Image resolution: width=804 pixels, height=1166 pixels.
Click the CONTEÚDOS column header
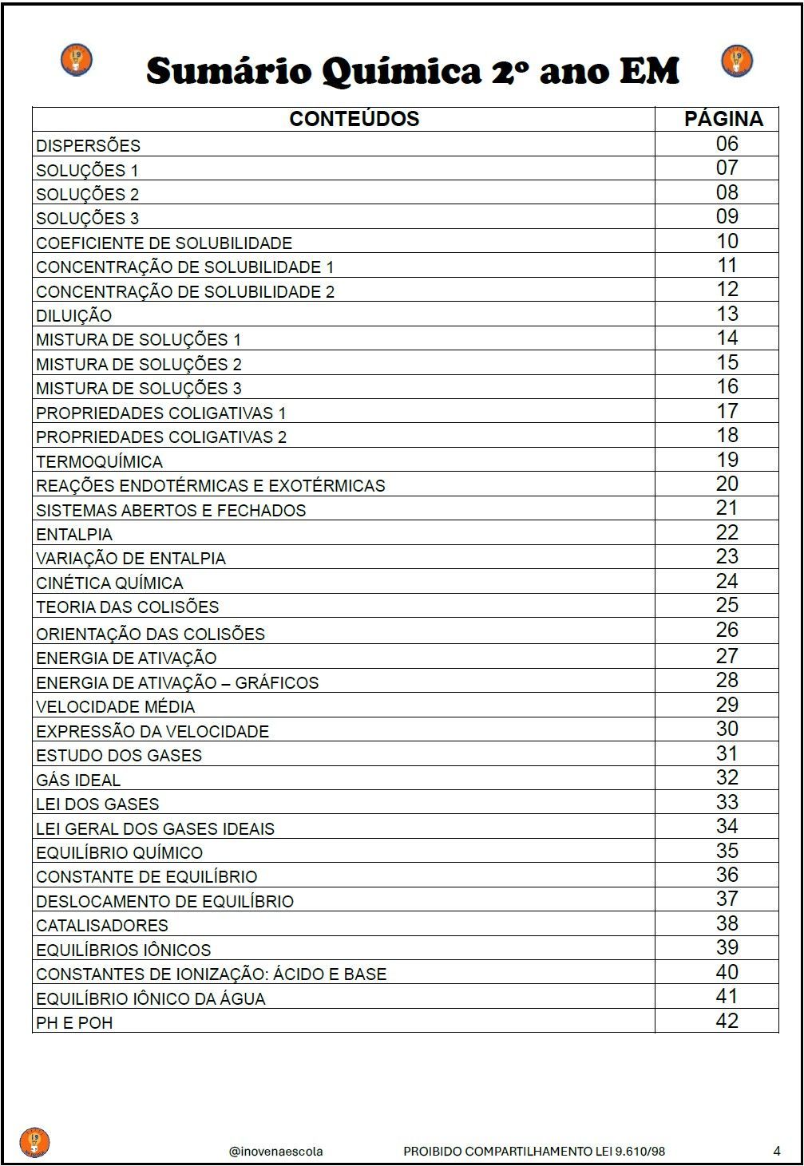[x=354, y=119]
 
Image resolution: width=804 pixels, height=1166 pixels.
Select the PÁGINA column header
[x=723, y=119]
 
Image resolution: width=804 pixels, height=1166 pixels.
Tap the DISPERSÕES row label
[x=88, y=145]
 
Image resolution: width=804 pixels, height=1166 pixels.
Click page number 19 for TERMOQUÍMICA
[x=727, y=460]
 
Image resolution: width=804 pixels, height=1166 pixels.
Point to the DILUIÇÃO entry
[x=73, y=315]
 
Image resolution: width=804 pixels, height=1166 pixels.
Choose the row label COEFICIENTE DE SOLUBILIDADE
[x=164, y=243]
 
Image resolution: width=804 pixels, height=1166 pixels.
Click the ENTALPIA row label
[x=74, y=534]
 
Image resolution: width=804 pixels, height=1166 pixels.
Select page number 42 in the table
[x=727, y=1021]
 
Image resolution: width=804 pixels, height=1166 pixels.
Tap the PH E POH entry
[x=74, y=1022]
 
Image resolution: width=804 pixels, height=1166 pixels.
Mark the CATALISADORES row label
[x=102, y=925]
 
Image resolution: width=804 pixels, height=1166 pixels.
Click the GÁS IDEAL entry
[x=78, y=780]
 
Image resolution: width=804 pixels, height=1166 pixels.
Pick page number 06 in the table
[x=727, y=144]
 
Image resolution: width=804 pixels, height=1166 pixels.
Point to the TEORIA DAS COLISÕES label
[x=127, y=607]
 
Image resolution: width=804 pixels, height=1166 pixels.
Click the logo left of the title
[x=77, y=61]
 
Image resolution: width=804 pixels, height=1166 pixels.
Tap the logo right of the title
[x=737, y=61]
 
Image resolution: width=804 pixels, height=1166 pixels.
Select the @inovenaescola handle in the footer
[x=275, y=1151]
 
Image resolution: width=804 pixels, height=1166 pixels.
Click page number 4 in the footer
[x=777, y=1151]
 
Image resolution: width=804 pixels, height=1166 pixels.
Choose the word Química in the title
[x=402, y=72]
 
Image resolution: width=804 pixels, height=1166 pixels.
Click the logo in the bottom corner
[x=34, y=1142]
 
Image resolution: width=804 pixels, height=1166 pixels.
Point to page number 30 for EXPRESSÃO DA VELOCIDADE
[x=727, y=729]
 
